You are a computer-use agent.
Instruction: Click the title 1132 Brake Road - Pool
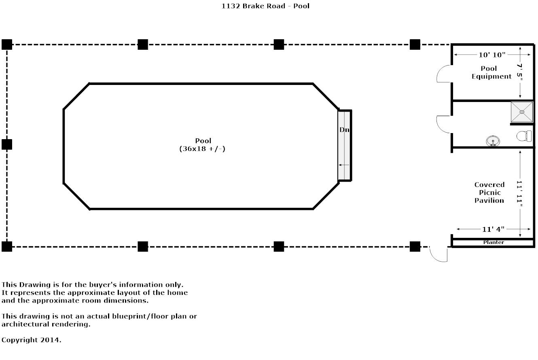pos(265,6)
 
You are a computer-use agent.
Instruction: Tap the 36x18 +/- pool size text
pos(202,149)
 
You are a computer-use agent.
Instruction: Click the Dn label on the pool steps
pos(344,130)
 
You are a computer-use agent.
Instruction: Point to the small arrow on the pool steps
pos(344,165)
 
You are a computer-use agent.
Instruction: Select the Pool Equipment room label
pos(491,72)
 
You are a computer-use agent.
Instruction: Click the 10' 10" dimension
pos(492,55)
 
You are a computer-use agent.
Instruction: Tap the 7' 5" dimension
pos(520,72)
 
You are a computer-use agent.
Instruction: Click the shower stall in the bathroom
pos(522,112)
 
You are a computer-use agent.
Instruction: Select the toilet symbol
pos(524,136)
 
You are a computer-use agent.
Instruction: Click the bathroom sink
pos(493,141)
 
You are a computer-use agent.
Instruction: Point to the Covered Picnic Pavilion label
pos(489,193)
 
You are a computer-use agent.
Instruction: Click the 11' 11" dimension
pos(519,194)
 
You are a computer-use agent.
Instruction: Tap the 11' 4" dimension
pos(493,229)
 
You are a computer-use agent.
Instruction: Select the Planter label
pos(494,242)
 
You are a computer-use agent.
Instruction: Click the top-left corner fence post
pos(7,44)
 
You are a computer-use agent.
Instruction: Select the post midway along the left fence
pos(7,144)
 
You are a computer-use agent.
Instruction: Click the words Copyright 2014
pos(31,340)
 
